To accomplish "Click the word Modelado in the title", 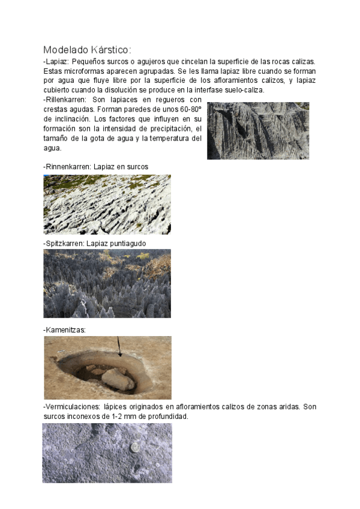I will [61, 49].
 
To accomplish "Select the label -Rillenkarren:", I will [66, 99].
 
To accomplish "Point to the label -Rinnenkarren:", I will [67, 166].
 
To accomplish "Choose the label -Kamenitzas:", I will [64, 330].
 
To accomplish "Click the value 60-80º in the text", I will [189, 109].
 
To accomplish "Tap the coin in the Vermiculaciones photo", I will [136, 447].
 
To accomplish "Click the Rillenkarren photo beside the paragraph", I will [258, 130].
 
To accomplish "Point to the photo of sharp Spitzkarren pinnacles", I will [107, 283].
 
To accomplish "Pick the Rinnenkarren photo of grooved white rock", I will [107, 204].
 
